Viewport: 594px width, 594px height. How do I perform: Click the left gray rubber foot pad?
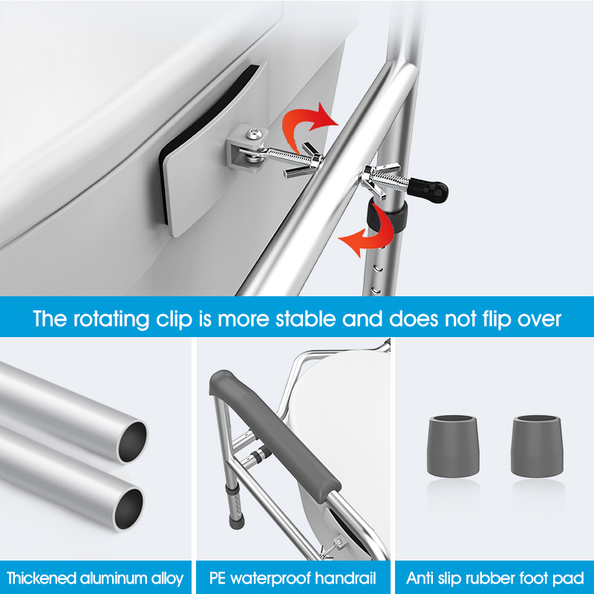coord(453,446)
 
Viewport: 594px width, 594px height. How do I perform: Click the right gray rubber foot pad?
coord(537,446)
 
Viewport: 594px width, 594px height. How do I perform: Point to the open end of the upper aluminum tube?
coord(132,442)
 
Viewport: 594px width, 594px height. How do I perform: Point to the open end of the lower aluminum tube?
coord(128,509)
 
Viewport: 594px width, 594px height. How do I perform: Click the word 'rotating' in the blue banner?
coord(111,319)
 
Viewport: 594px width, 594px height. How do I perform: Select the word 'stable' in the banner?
coord(305,319)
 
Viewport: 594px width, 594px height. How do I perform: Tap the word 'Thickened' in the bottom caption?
coord(42,578)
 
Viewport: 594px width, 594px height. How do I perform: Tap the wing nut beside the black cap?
coord(379,179)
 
